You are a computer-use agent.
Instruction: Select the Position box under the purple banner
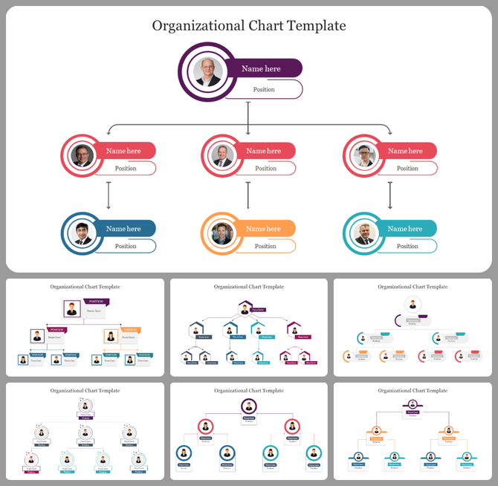(x=265, y=90)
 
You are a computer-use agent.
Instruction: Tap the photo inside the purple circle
(x=208, y=72)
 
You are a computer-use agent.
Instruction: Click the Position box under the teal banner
(x=407, y=246)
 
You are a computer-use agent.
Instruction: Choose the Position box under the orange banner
(x=266, y=246)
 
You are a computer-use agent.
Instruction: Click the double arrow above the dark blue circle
(x=109, y=195)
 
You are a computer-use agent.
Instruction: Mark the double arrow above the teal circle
(x=390, y=195)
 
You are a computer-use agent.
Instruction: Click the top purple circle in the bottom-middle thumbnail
(x=249, y=406)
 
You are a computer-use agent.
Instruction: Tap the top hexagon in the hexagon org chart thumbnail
(x=245, y=308)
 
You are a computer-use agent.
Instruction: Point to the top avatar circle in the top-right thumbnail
(x=412, y=305)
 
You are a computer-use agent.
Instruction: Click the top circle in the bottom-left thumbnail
(x=85, y=406)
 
